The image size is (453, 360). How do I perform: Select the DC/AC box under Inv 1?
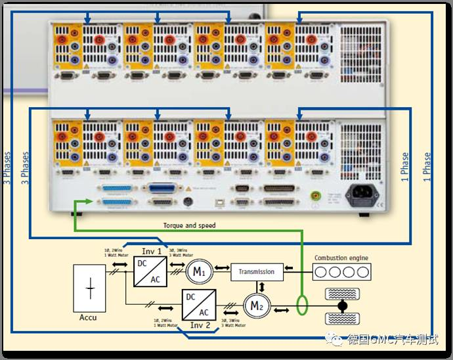[x=150, y=271]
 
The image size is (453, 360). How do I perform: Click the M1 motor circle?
[x=199, y=271]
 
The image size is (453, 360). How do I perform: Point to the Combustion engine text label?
[x=341, y=258]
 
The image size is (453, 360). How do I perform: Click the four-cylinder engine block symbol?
[x=341, y=271]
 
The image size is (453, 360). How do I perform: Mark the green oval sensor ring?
[x=302, y=305]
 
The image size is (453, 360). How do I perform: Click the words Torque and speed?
[x=189, y=225]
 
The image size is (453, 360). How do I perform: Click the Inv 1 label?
[x=152, y=252]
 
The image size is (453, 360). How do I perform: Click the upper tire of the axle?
[x=341, y=293]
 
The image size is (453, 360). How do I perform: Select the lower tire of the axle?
[x=341, y=319]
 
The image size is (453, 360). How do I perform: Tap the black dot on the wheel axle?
[x=341, y=306]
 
